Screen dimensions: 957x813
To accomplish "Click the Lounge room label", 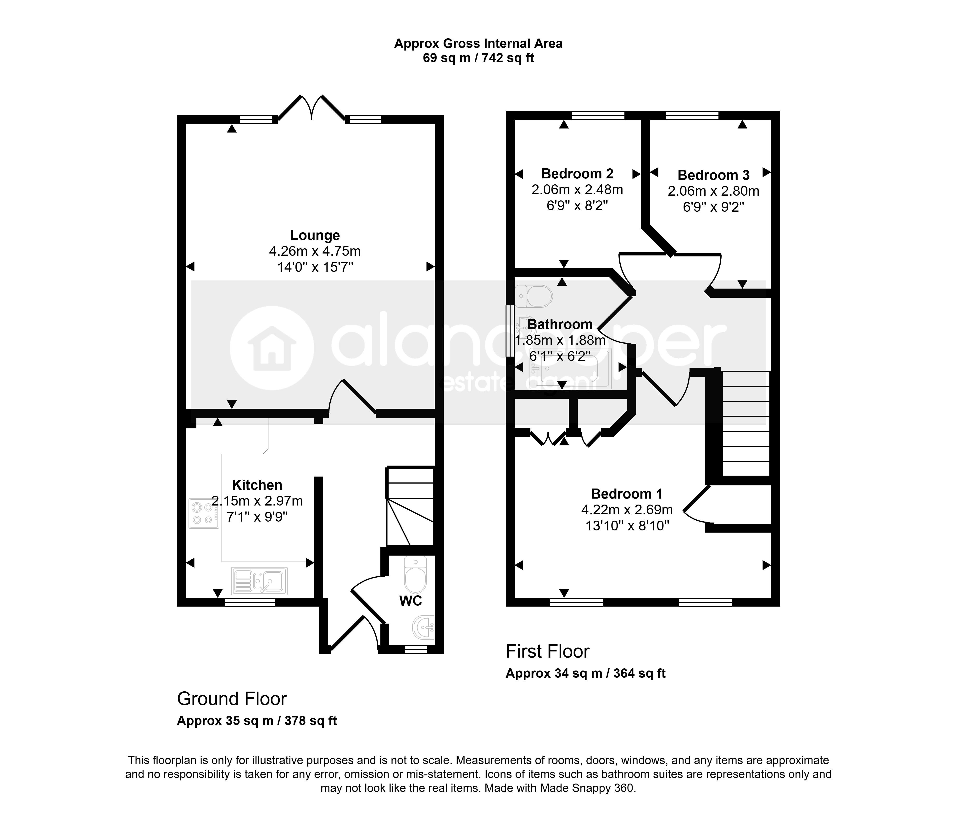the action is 315,235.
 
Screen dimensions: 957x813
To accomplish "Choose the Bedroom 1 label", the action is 627,494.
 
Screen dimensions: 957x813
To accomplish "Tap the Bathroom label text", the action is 560,324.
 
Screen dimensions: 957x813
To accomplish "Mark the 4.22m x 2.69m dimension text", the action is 627,510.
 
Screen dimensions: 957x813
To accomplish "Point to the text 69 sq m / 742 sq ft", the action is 478,58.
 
